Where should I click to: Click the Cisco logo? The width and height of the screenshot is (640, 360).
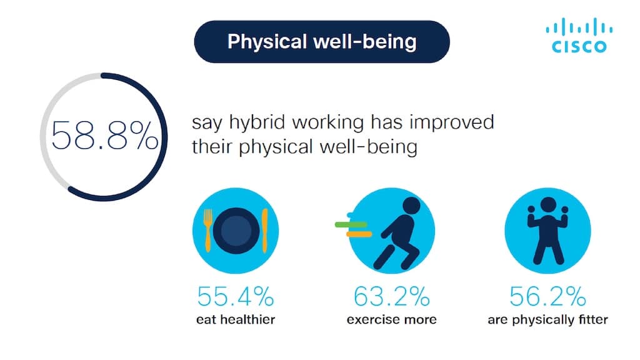579,35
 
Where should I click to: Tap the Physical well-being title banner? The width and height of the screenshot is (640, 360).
322,42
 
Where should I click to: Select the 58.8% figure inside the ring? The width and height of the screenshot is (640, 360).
104,136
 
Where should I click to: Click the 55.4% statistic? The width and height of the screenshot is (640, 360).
236,296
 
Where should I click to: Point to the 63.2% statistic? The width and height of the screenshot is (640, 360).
391,296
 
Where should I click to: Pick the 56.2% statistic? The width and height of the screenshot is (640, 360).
547,296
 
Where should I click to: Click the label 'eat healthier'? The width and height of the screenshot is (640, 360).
236,319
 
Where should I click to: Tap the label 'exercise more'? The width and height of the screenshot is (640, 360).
391,319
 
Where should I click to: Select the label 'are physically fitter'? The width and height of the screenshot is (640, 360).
547,319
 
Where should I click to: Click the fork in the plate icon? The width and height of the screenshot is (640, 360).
207,230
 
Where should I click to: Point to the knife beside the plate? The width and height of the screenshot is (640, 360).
265,231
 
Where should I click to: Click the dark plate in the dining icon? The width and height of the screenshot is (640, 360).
236,231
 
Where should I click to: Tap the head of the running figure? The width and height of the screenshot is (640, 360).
411,206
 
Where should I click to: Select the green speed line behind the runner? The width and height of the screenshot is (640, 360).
351,224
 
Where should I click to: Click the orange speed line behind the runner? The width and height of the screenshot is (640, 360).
359,234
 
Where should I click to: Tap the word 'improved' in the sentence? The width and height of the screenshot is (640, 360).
452,123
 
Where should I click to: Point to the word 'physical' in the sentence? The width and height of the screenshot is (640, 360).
276,147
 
